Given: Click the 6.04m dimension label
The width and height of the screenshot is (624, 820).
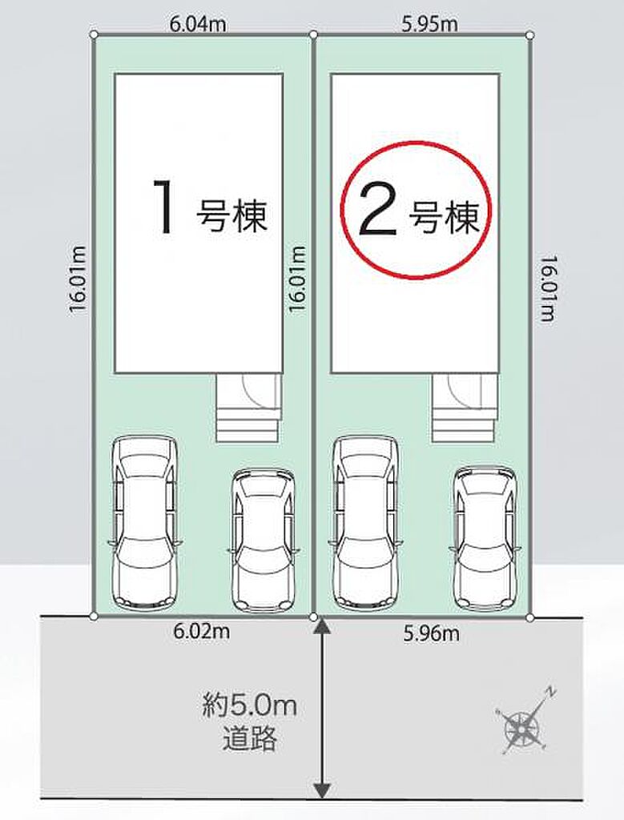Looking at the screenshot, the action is coord(198,24).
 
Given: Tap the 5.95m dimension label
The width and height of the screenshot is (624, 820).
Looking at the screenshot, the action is coord(429,24).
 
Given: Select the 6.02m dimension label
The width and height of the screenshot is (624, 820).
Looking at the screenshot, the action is coord(201,631).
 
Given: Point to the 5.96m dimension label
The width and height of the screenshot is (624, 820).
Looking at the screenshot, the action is coord(432,634).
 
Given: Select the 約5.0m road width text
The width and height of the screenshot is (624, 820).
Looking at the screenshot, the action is coord(250,705).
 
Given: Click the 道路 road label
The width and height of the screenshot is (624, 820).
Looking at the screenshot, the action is coord(249,739).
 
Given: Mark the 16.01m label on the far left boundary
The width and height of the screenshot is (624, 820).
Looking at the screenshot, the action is coord(79,279).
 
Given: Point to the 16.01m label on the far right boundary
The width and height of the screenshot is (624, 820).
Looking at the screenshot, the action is coord(548,288).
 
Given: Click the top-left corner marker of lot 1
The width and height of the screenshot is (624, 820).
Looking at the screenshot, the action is coord(94,34).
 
